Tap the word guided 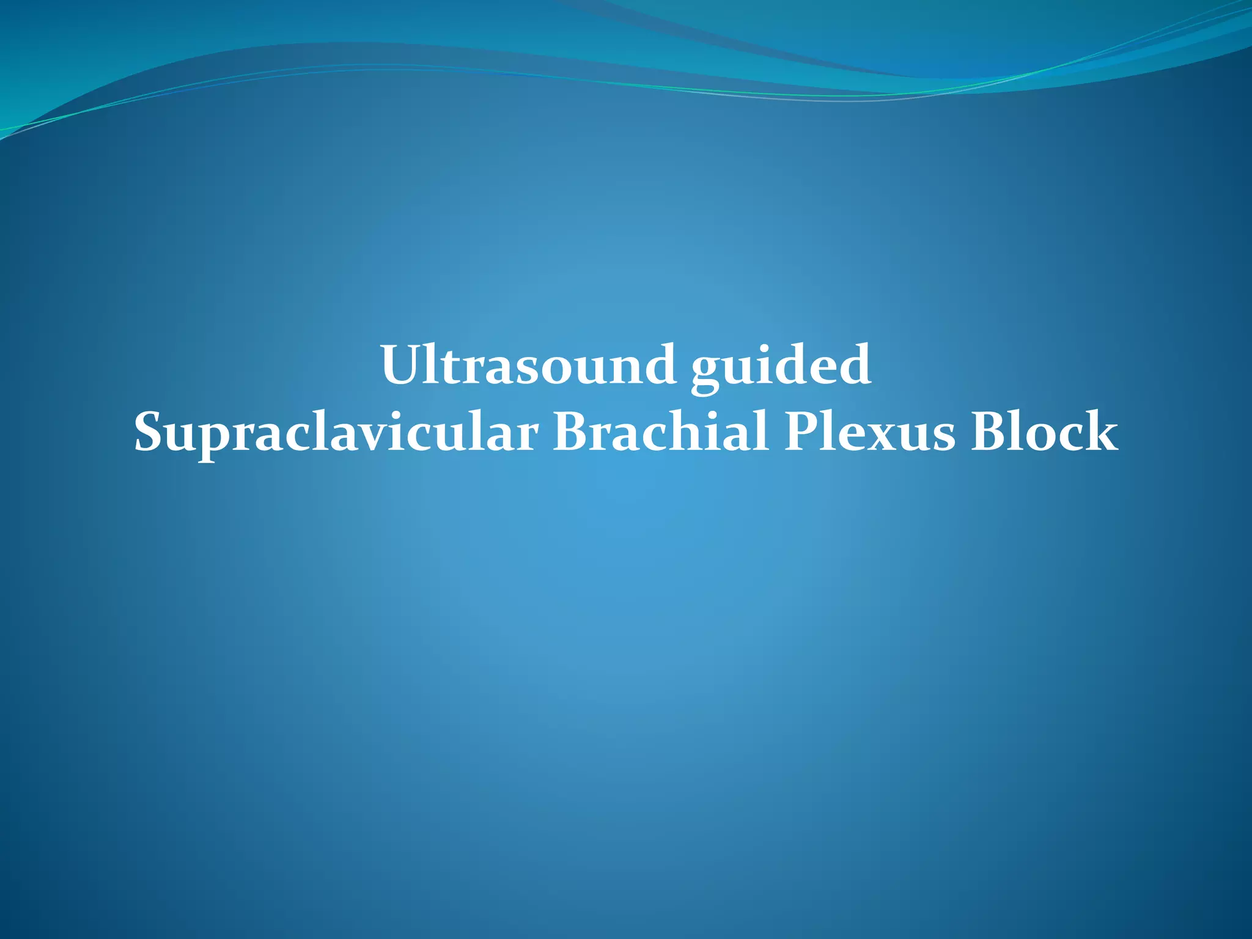click(x=781, y=367)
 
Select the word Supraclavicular click(x=336, y=433)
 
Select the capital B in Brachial click(x=570, y=432)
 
